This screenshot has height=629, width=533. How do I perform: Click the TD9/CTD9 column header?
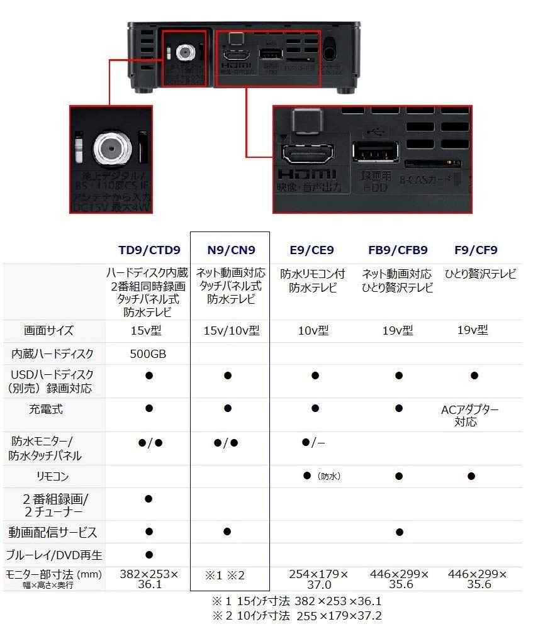click(x=149, y=250)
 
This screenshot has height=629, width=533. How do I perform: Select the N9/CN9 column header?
click(x=231, y=250)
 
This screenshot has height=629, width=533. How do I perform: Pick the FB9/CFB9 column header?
click(x=398, y=250)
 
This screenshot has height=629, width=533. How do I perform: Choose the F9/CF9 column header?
click(x=475, y=250)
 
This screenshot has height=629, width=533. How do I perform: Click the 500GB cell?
click(x=149, y=353)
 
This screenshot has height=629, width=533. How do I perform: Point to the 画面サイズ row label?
click(x=48, y=331)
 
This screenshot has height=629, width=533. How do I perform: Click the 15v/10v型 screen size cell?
click(x=231, y=331)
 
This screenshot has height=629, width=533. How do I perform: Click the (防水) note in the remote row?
click(x=328, y=477)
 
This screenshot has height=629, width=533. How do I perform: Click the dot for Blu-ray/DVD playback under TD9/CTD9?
click(x=149, y=555)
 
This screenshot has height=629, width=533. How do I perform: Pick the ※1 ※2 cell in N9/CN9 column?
click(x=225, y=576)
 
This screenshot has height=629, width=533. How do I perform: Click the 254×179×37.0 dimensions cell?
click(x=318, y=579)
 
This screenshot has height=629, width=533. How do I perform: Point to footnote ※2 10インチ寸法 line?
click(x=296, y=616)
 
